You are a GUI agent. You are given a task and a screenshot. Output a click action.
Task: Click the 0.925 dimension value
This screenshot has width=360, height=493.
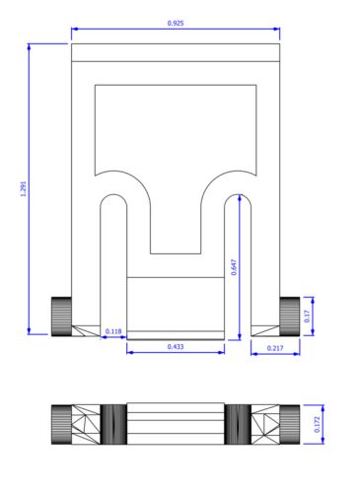[176, 23]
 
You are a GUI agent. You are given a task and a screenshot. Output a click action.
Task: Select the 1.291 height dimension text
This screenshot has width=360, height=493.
[24, 189]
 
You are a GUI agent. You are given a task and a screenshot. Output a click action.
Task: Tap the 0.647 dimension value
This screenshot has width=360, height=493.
[234, 267]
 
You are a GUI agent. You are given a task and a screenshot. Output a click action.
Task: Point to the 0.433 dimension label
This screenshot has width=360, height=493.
[176, 346]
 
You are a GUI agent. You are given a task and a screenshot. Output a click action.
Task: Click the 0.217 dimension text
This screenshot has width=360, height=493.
[275, 348]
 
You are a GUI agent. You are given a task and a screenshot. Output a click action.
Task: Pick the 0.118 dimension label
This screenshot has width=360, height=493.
[113, 331]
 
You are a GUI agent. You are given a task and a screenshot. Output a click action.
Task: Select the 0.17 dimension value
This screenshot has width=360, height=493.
[308, 317]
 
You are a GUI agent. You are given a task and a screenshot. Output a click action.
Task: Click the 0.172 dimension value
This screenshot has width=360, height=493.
[317, 424]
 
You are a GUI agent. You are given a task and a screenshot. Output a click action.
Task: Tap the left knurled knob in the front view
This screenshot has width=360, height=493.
[61, 317]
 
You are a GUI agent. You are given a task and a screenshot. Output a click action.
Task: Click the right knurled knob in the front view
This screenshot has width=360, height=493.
[290, 317]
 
